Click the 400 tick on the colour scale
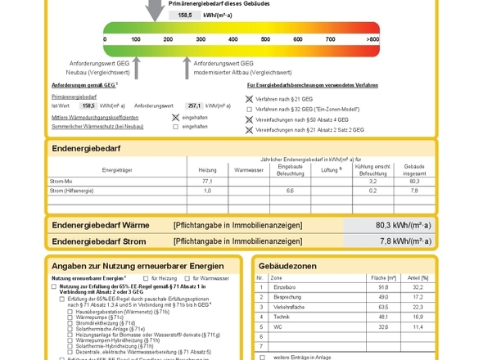tap(233, 39)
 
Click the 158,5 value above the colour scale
tap(184, 15)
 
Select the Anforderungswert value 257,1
tap(194, 106)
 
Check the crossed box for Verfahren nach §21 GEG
tap(250, 98)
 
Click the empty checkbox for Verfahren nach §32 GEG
tap(250, 109)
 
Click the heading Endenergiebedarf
tap(84, 148)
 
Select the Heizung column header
tap(208, 169)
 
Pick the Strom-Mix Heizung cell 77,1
tap(208, 181)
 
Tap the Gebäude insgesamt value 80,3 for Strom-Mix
tap(414, 181)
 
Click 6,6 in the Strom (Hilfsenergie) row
tap(290, 191)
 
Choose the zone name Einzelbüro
tap(283, 288)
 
